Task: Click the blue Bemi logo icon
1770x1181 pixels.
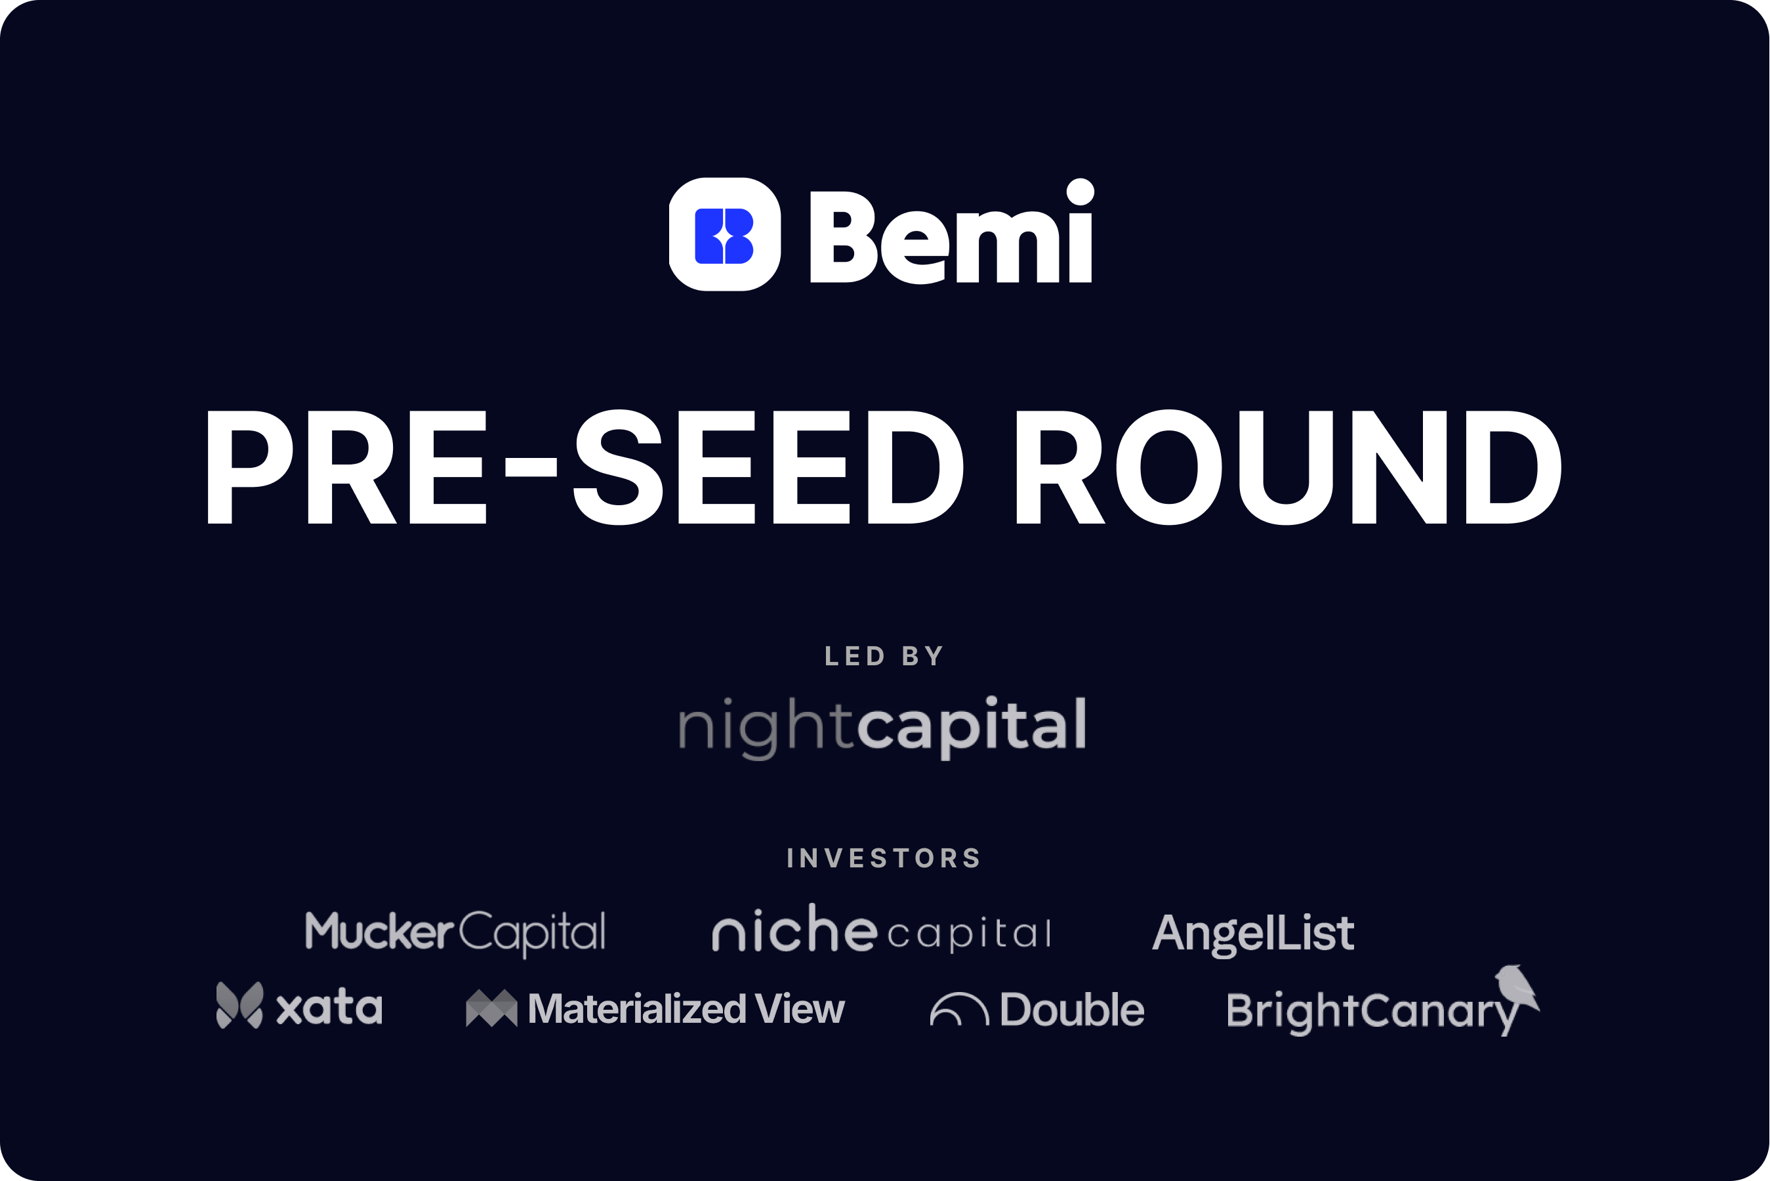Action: point(724,235)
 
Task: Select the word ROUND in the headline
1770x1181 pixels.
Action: point(1286,467)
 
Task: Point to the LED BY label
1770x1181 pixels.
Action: point(884,656)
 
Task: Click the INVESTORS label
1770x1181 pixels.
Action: point(884,858)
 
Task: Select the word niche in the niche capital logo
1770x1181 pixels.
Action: point(794,930)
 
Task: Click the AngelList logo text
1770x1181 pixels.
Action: point(1253,934)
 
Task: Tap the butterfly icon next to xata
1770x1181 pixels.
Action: point(239,1005)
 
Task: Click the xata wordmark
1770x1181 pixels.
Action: point(329,1008)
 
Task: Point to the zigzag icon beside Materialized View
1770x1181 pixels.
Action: point(491,1008)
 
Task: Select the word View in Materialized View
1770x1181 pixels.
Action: point(800,1008)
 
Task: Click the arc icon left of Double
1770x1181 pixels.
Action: point(958,1009)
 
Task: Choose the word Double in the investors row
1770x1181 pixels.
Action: point(1072,1009)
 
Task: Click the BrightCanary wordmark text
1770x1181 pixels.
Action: point(1370,1012)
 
